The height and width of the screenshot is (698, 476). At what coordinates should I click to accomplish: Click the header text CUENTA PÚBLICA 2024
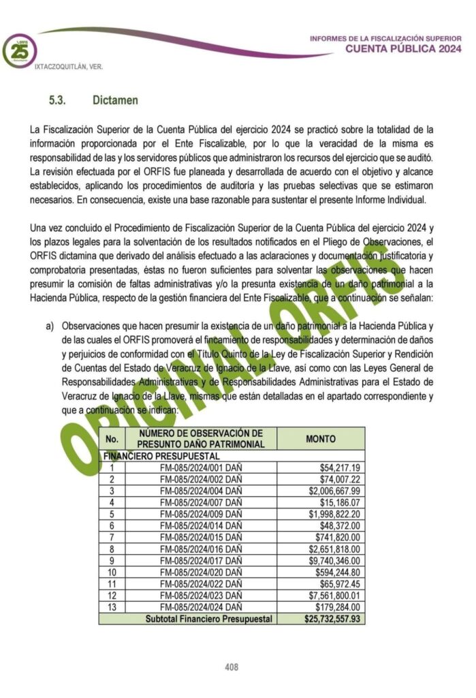tap(402, 48)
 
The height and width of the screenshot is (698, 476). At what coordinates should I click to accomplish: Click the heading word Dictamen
tap(115, 100)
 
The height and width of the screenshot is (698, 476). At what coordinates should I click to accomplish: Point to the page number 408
tap(232, 667)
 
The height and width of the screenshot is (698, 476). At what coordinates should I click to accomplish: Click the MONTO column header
tap(321, 439)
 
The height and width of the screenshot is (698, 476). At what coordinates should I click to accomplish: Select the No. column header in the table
tap(112, 439)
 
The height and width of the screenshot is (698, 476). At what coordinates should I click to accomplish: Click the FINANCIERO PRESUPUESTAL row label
tap(161, 455)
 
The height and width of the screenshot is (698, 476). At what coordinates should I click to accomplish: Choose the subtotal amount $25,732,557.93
tap(332, 619)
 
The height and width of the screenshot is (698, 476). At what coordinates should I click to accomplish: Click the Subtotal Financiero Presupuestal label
tap(208, 619)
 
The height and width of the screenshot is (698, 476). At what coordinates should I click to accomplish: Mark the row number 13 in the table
tap(112, 607)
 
